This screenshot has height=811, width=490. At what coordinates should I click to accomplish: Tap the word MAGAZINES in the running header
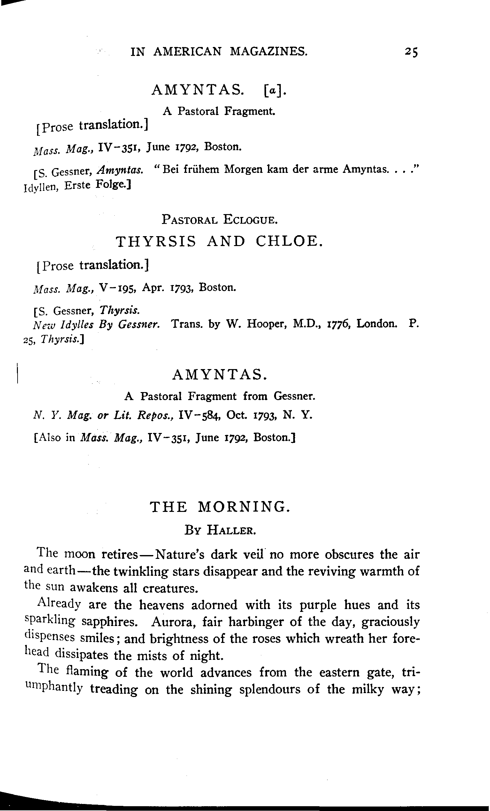269,51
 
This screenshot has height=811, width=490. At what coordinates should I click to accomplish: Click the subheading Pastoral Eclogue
219,219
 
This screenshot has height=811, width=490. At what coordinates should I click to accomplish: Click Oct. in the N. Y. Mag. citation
237,415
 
